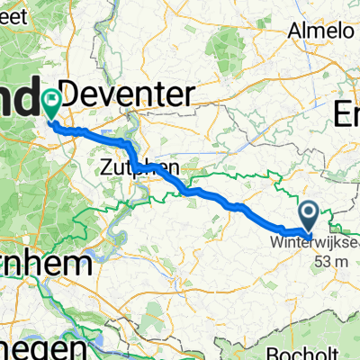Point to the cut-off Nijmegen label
tap(44, 346)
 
